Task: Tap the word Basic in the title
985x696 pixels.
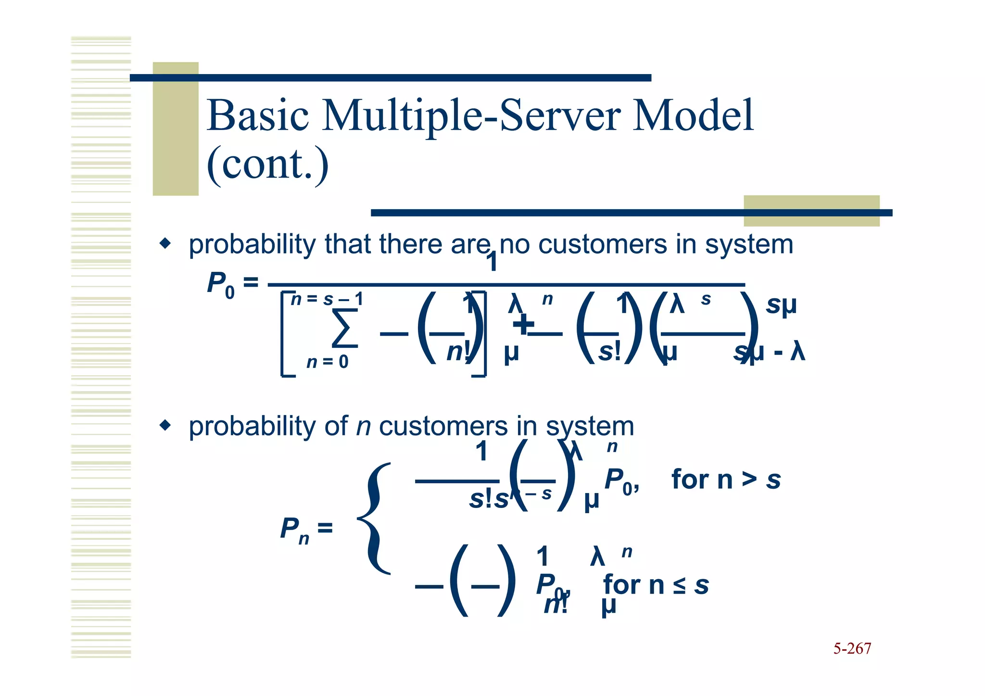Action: (258, 115)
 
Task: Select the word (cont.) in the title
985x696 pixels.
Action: (267, 165)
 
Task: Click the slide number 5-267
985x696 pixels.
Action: (852, 649)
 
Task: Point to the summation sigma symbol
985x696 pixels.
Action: (345, 329)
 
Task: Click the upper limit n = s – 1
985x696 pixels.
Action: (327, 300)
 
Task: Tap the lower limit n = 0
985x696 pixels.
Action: (327, 362)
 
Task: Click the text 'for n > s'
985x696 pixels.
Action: (725, 480)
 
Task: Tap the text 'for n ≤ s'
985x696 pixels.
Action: (656, 585)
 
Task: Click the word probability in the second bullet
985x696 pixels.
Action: (252, 427)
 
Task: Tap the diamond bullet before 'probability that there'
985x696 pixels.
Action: (165, 243)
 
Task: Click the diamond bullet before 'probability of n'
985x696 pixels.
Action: (165, 425)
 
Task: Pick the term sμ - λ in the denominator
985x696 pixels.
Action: (769, 352)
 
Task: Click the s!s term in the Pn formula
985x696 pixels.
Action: (489, 499)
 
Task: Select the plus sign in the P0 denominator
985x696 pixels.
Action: (523, 323)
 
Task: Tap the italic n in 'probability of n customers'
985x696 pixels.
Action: (364, 427)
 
